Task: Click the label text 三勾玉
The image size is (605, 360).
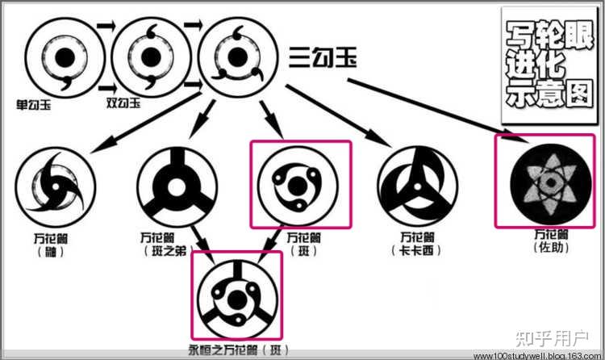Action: click(323, 58)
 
